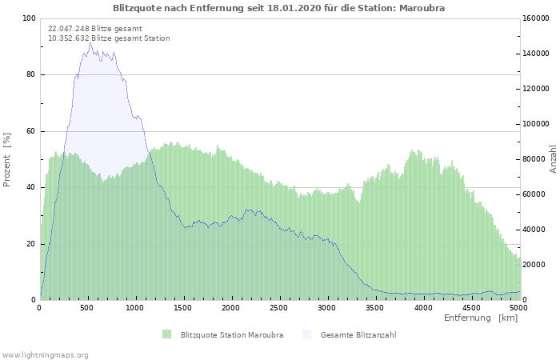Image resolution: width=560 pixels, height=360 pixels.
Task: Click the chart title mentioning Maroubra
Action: pyautogui.click(x=279, y=8)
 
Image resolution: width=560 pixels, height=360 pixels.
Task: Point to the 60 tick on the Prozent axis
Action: pyautogui.click(x=31, y=131)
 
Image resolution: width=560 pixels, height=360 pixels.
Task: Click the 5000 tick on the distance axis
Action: pyautogui.click(x=518, y=308)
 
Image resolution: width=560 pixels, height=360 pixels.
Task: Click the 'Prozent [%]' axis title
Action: pyautogui.click(x=8, y=160)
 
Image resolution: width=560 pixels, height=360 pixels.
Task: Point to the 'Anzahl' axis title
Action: pyautogui.click(x=553, y=159)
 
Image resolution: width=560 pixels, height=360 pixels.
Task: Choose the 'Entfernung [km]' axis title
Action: pyautogui.click(x=481, y=318)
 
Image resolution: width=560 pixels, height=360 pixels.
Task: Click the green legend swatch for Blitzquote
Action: pyautogui.click(x=166, y=334)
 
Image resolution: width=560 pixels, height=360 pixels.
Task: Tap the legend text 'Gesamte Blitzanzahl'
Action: pyautogui.click(x=358, y=334)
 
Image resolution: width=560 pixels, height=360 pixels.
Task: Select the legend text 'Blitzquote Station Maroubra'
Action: pyautogui.click(x=232, y=334)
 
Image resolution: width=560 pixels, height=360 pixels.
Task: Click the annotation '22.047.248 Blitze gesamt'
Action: pyautogui.click(x=95, y=29)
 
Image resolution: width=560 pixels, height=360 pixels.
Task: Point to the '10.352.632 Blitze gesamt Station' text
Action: pyautogui.click(x=109, y=38)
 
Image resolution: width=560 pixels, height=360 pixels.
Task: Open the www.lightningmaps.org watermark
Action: pyautogui.click(x=46, y=354)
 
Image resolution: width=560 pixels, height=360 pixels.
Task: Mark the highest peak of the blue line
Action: pyautogui.click(x=90, y=44)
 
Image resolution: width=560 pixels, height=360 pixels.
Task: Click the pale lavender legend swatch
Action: pyautogui.click(x=306, y=334)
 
